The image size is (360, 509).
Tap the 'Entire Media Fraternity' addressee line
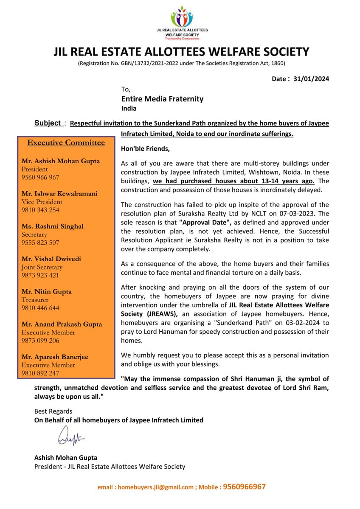pyautogui.click(x=162, y=99)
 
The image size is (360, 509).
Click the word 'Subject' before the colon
pyautogui.click(x=48, y=123)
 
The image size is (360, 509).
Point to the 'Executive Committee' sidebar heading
pyautogui.click(x=66, y=143)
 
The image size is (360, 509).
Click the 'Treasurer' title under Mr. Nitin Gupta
pyautogui.click(x=36, y=300)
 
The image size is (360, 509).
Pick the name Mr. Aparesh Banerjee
pyautogui.click(x=55, y=357)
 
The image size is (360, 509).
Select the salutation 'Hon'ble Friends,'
pyautogui.click(x=144, y=149)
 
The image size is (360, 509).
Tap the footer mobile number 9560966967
pyautogui.click(x=245, y=487)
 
